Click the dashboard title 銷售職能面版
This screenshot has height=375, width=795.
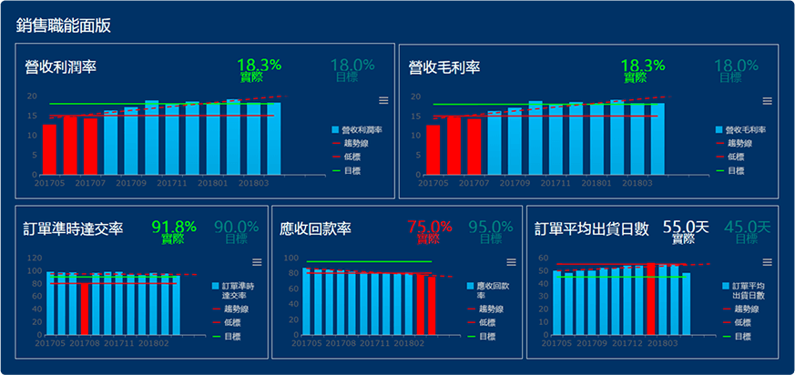(x=64, y=25)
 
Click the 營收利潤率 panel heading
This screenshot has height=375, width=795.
(x=61, y=67)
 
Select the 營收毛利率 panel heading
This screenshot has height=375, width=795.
(x=444, y=67)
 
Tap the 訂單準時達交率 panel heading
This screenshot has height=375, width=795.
(x=74, y=228)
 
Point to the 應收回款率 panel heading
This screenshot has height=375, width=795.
(x=315, y=228)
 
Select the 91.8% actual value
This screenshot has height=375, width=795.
(x=174, y=227)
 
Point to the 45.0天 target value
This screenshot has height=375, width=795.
(x=746, y=227)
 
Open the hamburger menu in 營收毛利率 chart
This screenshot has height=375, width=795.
(x=767, y=101)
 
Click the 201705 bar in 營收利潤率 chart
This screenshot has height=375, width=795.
(x=49, y=149)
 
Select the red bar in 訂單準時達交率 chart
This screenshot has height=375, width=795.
(x=85, y=309)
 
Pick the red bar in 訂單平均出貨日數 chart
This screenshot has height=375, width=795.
(x=650, y=299)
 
